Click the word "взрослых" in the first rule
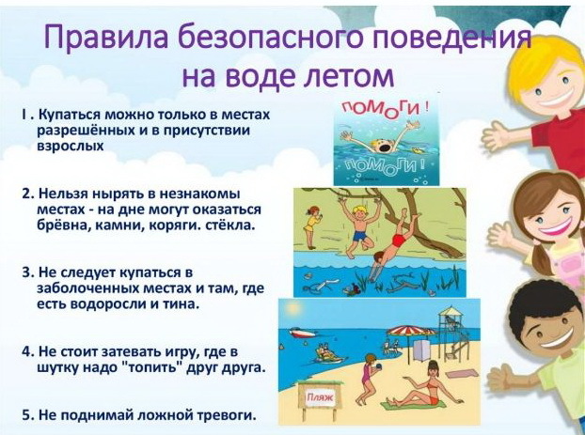point(71,146)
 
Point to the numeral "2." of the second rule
point(28,194)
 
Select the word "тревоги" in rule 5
point(227,415)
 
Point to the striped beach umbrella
point(411,331)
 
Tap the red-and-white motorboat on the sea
point(298,332)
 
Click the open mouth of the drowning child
point(384,148)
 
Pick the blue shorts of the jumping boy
point(359,236)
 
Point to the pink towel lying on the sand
point(463,374)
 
